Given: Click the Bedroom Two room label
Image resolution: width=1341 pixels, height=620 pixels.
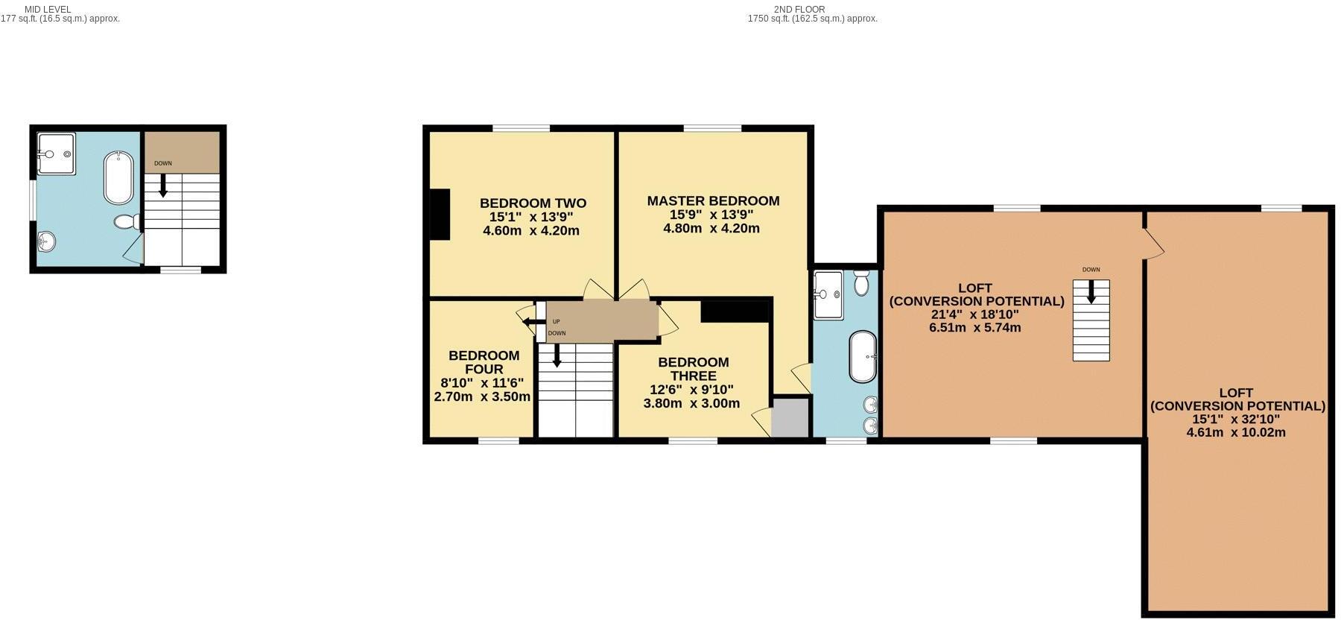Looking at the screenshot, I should [532, 203].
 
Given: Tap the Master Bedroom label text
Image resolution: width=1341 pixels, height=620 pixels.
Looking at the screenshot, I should [712, 200].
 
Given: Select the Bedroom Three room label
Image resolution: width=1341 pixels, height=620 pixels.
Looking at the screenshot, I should [693, 369].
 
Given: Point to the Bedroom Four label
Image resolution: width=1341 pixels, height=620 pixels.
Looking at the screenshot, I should [484, 362].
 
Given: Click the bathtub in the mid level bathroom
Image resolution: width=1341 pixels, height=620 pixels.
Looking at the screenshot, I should [118, 178].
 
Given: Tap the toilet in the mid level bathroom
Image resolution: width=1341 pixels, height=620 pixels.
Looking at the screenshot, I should [126, 221].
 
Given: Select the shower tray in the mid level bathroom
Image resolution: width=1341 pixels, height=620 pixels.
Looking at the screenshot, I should [56, 154].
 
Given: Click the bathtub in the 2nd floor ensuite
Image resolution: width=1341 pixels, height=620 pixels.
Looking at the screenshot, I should [863, 356].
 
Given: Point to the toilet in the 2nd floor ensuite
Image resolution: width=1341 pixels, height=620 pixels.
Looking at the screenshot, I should [862, 282].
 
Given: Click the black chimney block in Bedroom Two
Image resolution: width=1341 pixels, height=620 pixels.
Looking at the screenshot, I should [440, 215].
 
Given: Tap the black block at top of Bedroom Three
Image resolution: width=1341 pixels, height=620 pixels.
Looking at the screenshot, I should [735, 310].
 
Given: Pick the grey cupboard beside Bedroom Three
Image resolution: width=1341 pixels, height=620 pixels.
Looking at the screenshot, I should [790, 417].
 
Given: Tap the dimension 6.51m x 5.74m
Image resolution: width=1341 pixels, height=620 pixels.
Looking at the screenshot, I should [974, 327].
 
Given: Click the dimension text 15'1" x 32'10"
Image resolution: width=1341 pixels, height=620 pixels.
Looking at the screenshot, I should [1236, 420].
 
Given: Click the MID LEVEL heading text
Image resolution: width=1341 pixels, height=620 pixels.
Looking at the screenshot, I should [48, 10].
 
